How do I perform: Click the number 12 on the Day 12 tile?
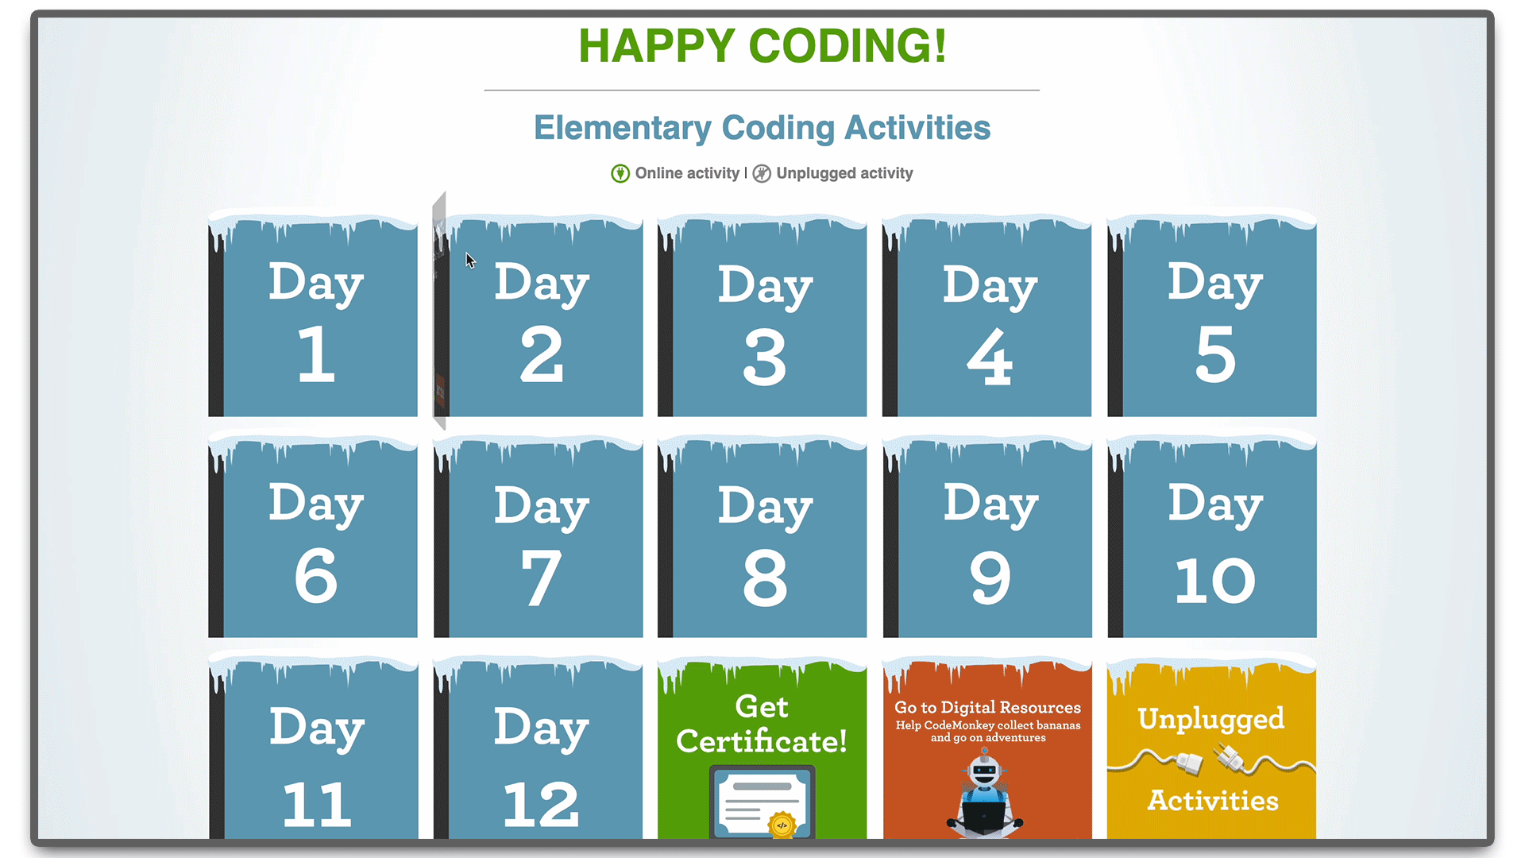tap(541, 804)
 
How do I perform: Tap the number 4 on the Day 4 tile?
tap(990, 357)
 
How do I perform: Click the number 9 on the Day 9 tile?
tap(990, 578)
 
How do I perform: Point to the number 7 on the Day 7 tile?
tap(542, 578)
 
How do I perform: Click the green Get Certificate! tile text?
tap(762, 724)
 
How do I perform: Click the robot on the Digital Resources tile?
tap(985, 794)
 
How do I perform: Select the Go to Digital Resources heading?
tap(988, 707)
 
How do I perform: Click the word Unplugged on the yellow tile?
tap(1211, 720)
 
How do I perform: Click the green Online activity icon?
tap(620, 173)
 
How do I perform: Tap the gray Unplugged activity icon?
tap(762, 173)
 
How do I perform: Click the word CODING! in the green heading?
tap(847, 45)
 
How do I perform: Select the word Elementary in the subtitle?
tap(623, 129)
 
